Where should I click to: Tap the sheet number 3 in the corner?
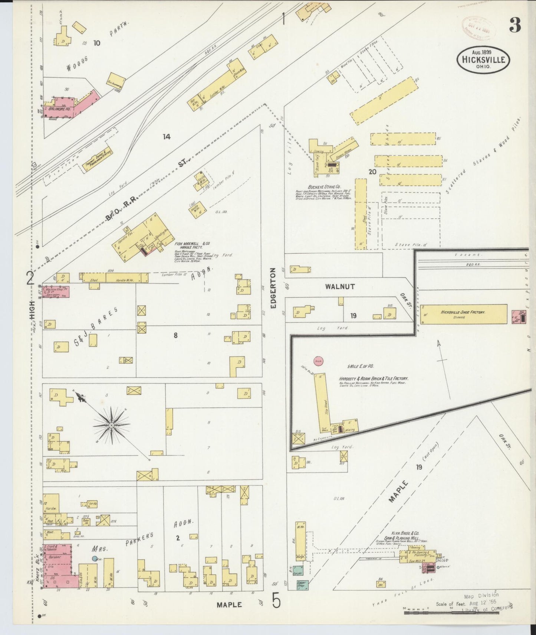pyautogui.click(x=515, y=25)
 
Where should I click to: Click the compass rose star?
pyautogui.click(x=111, y=424)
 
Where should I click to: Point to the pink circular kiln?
pyautogui.click(x=319, y=360)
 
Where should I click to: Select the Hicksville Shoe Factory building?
pyautogui.click(x=463, y=314)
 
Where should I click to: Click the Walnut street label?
pyautogui.click(x=340, y=287)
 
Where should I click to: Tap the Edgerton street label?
pyautogui.click(x=274, y=288)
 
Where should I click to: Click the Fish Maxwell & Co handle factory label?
pyautogui.click(x=192, y=245)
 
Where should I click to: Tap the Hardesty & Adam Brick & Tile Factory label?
pyautogui.click(x=374, y=378)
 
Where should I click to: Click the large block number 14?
pyautogui.click(x=167, y=137)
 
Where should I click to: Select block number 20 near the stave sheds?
pyautogui.click(x=372, y=172)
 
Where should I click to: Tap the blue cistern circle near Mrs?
pyautogui.click(x=95, y=559)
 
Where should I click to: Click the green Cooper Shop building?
pyautogui.click(x=302, y=585)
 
